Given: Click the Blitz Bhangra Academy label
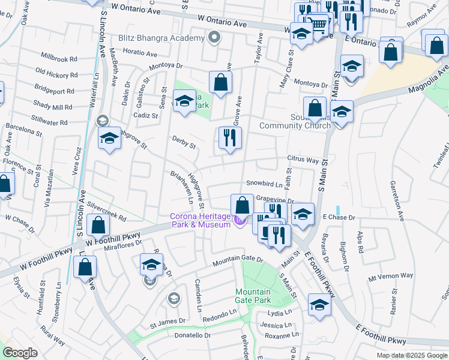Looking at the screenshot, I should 161,38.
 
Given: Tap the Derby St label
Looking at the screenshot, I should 184,145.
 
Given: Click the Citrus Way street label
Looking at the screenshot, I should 303,160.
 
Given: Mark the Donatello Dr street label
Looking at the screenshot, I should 188,335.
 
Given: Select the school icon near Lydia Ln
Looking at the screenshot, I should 319,305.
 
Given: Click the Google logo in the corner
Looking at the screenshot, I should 20,353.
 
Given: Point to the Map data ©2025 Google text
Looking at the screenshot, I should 411,355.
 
